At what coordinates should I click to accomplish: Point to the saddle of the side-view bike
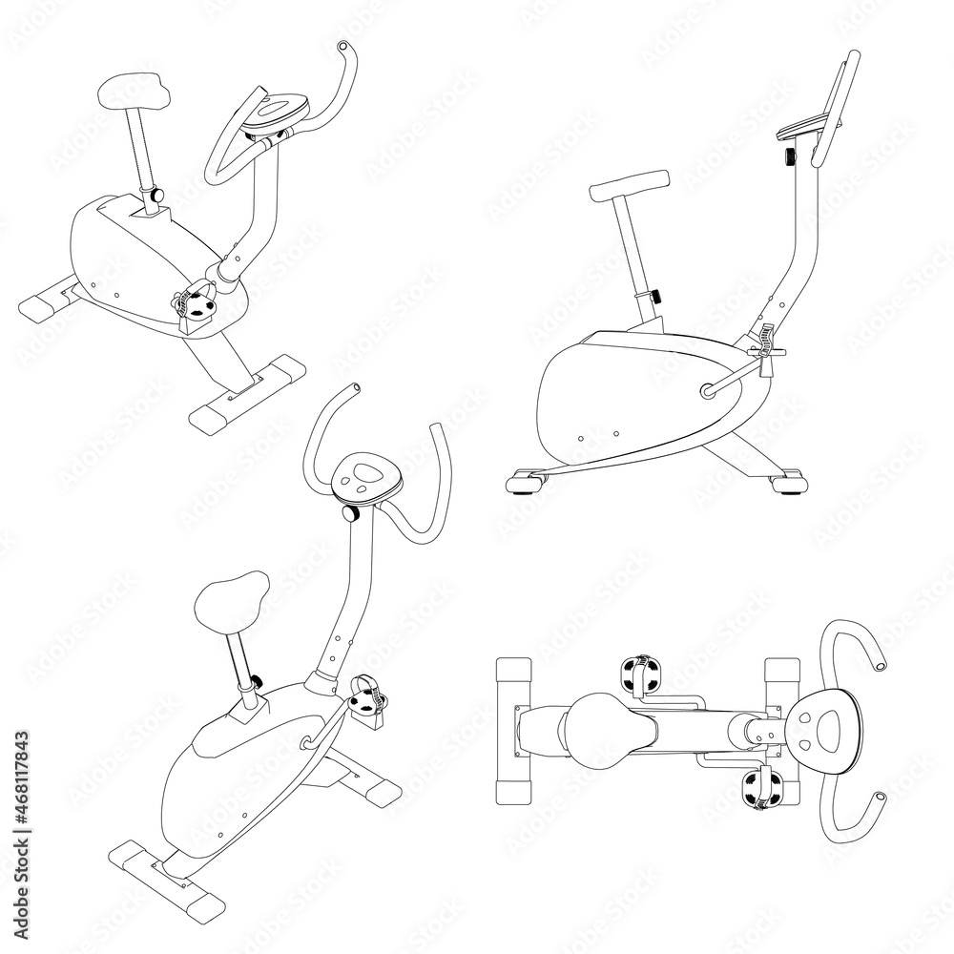coord(629,184)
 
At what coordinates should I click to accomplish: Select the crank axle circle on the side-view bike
coord(707,389)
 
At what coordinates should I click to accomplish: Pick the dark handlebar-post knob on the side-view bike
coord(790,155)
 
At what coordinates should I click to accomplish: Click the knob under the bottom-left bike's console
coord(349,513)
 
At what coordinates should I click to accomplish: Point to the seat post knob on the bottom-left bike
coord(256,682)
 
